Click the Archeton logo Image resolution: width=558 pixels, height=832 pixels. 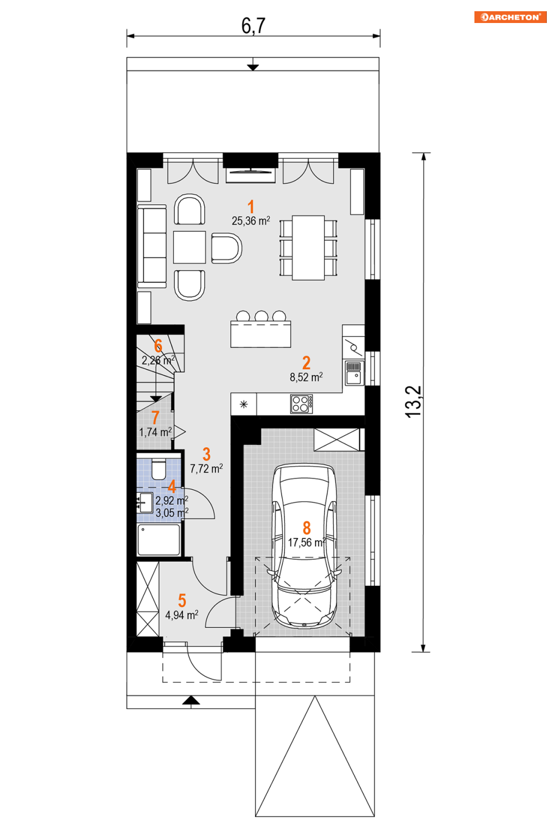[510, 17]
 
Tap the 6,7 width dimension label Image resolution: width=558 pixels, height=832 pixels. [253, 26]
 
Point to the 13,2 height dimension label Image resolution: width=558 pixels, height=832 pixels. [413, 402]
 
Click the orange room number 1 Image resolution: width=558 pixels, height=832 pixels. [251, 207]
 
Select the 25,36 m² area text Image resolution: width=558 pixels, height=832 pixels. [251, 221]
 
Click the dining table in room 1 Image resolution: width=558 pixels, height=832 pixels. [308, 248]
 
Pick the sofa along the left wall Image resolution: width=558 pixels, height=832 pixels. [152, 246]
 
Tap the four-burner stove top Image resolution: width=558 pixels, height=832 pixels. [301, 404]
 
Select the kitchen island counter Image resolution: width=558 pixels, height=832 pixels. [260, 334]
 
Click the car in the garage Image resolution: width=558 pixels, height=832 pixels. [304, 546]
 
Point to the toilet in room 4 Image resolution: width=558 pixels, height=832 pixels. [159, 469]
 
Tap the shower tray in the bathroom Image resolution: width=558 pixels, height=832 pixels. [159, 540]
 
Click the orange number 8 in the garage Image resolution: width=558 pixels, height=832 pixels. [306, 528]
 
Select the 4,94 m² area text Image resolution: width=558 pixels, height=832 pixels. [182, 615]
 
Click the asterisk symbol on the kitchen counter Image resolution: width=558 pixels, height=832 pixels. [243, 404]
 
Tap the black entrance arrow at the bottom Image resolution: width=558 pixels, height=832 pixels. [191, 700]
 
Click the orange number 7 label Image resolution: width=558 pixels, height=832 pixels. [155, 417]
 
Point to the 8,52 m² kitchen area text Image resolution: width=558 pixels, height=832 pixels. [306, 377]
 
